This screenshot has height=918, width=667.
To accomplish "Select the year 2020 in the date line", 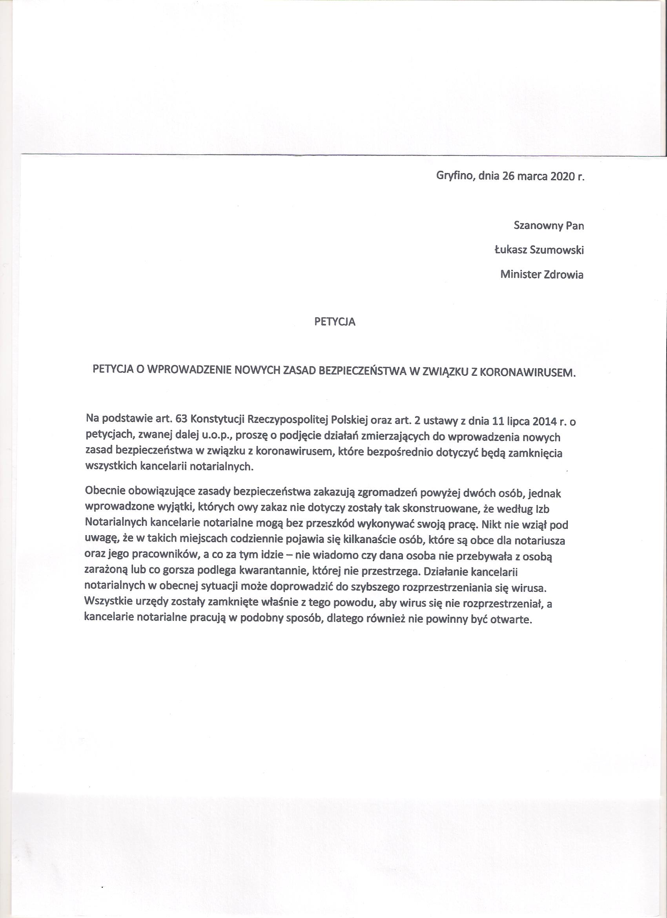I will tap(563, 176).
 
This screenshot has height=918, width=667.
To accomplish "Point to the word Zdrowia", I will tap(564, 274).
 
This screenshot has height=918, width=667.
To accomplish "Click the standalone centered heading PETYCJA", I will tap(335, 322).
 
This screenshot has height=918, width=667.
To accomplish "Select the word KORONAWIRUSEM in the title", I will tap(527, 371).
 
